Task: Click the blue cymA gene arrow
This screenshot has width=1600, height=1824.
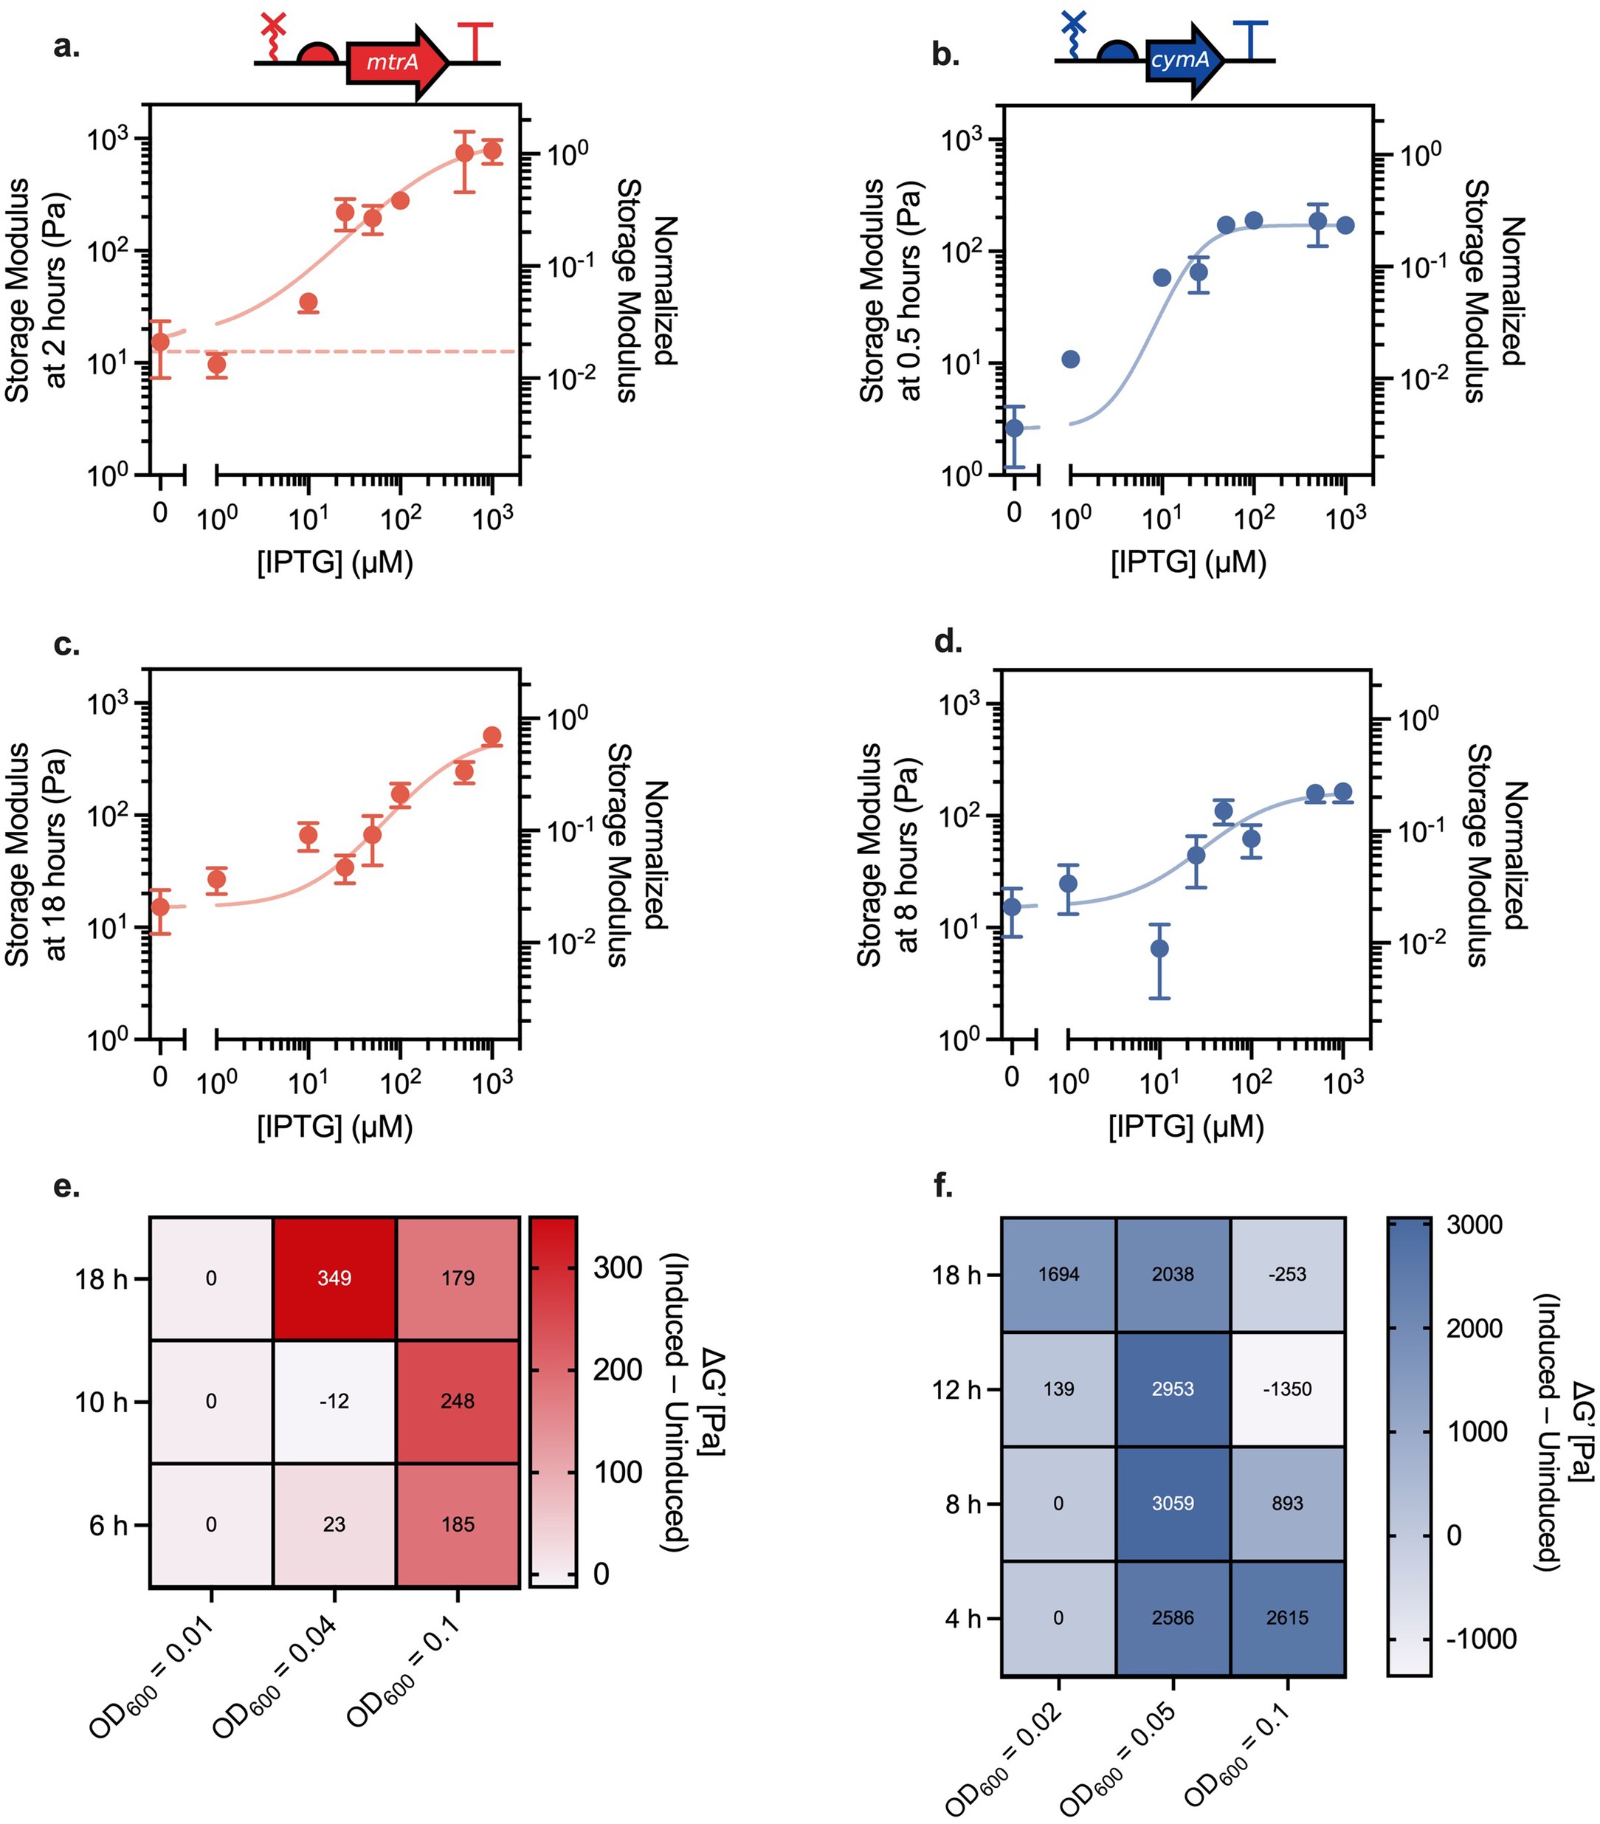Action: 1183,61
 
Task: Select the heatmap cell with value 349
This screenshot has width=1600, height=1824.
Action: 334,1278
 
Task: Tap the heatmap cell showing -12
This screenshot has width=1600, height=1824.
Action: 334,1401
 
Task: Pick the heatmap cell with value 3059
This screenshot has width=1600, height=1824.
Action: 1172,1503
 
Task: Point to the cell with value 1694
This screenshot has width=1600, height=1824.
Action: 1058,1274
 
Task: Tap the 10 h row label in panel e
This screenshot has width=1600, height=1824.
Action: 101,1402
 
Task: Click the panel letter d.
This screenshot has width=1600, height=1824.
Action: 947,641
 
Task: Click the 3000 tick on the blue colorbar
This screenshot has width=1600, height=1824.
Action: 1473,1225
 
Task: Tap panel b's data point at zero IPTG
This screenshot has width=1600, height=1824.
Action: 1014,427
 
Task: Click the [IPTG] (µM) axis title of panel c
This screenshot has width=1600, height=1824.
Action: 334,1126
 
